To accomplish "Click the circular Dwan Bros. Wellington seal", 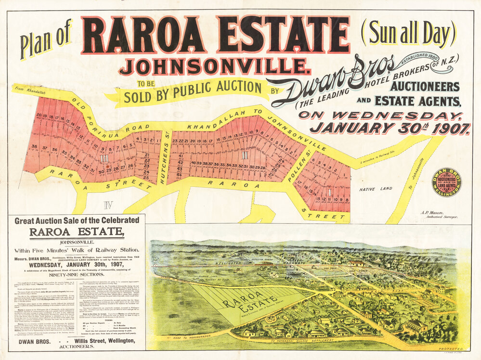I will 446,182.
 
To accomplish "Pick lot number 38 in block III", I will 34,146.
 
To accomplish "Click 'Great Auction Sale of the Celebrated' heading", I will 77,221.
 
